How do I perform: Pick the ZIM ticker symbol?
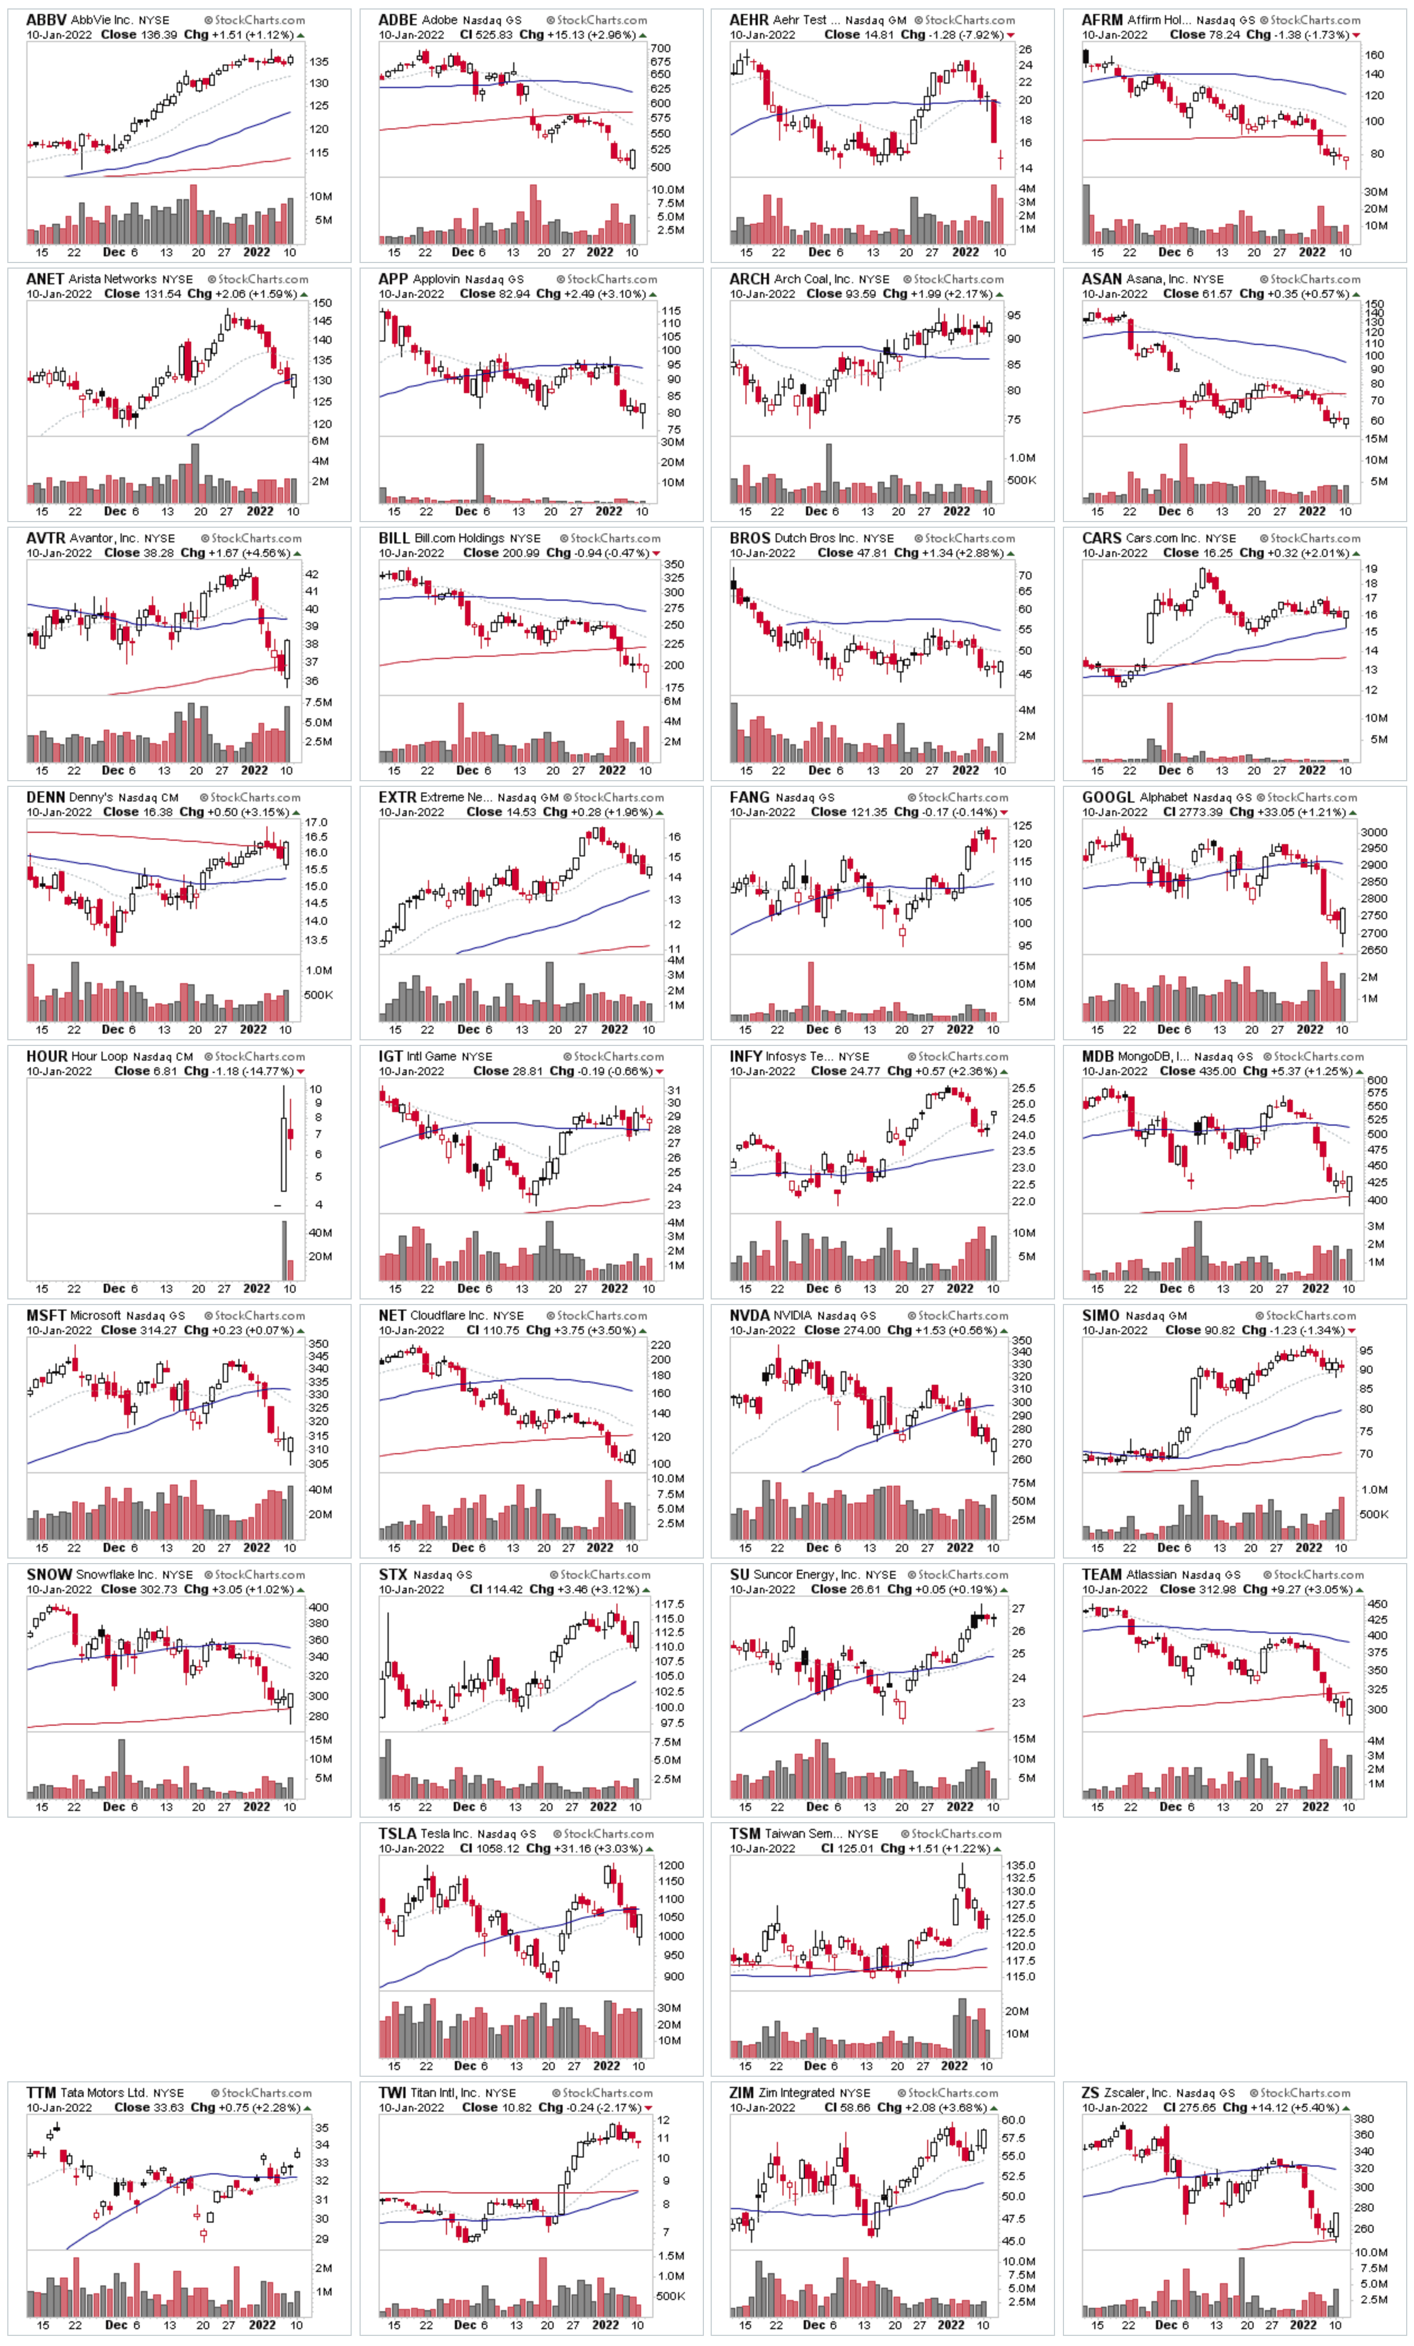click(x=743, y=2092)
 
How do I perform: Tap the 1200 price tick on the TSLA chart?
click(x=670, y=1865)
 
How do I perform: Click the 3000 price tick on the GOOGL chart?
click(x=1374, y=832)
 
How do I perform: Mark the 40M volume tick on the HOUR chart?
click(x=319, y=1232)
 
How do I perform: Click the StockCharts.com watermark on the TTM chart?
click(x=261, y=2092)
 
